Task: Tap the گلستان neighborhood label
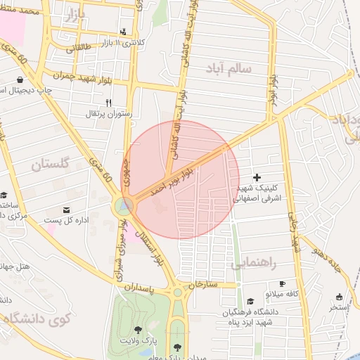pyautogui.click(x=50, y=165)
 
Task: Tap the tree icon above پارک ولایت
pyautogui.click(x=138, y=329)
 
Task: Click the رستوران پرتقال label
pyautogui.click(x=109, y=112)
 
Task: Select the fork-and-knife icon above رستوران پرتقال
pyautogui.click(x=109, y=103)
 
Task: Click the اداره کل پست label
pyautogui.click(x=67, y=220)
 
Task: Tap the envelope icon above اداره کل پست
pyautogui.click(x=67, y=210)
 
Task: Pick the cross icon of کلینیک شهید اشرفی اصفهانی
pyautogui.click(x=256, y=177)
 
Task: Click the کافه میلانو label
pyautogui.click(x=282, y=292)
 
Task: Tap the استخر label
pyautogui.click(x=340, y=307)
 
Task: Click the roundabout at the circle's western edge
pyautogui.click(x=124, y=205)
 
